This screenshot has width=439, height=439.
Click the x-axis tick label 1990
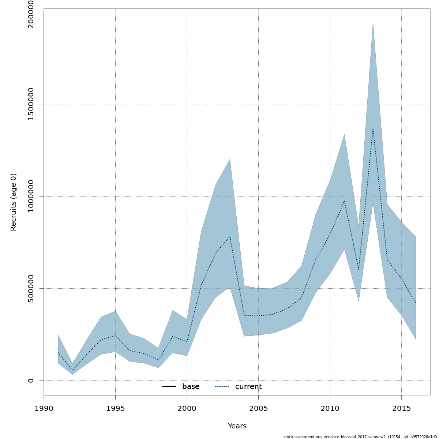coord(44,408)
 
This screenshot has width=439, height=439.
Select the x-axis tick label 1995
coord(115,408)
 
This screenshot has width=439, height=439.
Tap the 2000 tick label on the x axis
coord(187,408)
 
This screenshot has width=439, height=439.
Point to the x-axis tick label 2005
coord(258,408)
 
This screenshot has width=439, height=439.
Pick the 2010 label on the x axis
coord(330,408)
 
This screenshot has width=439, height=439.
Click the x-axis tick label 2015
coord(401,408)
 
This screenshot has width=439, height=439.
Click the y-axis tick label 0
coord(31,380)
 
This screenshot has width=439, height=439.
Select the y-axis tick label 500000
coord(31,288)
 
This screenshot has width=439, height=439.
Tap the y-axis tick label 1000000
coord(31,196)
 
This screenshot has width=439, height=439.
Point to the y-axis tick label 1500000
coord(31,104)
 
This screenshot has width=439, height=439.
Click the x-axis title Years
coord(237,426)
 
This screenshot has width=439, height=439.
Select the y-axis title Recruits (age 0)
coord(14,202)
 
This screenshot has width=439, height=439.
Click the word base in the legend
coord(191,387)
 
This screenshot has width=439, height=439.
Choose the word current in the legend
coord(248,387)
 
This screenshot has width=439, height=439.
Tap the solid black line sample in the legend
coord(169,387)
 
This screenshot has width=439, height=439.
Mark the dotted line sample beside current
coord(222,387)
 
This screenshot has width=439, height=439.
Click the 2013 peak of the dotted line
coord(373,129)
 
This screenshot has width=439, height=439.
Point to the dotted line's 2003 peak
coord(230,237)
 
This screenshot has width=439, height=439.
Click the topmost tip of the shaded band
coord(373,23)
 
